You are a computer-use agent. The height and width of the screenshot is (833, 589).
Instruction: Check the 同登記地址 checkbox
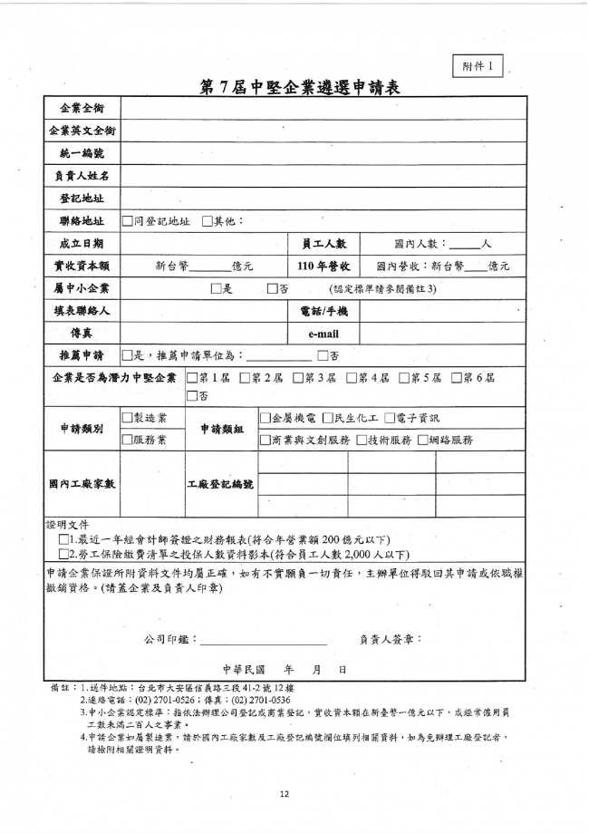tap(127, 220)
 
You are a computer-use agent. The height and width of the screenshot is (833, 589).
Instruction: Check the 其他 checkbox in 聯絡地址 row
tap(207, 220)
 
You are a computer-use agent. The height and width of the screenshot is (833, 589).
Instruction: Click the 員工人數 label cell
tap(323, 243)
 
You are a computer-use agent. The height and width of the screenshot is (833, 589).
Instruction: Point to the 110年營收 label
tap(323, 266)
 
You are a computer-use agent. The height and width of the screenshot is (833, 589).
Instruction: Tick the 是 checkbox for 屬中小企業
tap(216, 288)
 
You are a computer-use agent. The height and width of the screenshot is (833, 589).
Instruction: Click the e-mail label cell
tap(323, 334)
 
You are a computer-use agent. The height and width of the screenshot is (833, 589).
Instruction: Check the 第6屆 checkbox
tap(456, 378)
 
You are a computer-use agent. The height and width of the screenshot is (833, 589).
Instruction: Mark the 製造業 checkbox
tap(127, 418)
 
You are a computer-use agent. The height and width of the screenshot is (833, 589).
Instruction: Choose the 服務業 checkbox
tap(127, 441)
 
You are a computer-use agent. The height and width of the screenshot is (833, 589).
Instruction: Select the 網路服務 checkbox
tap(430, 441)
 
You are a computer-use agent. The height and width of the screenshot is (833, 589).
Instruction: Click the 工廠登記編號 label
tap(220, 484)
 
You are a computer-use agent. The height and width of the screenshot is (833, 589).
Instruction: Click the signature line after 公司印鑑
tap(263, 640)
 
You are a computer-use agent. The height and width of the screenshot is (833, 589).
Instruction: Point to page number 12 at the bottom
tap(284, 794)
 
